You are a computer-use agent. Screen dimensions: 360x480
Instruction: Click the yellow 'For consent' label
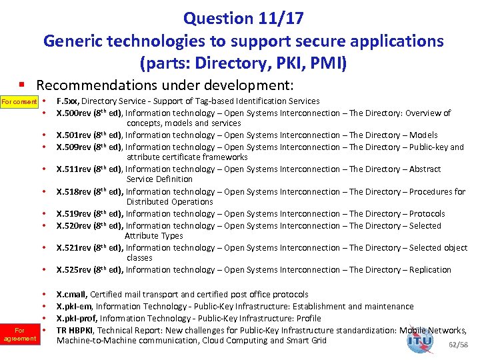click(x=18, y=101)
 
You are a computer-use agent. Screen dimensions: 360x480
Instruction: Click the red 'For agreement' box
click(x=19, y=334)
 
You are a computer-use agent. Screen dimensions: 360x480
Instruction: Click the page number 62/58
click(x=459, y=345)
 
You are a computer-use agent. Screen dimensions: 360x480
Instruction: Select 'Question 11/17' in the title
click(x=243, y=17)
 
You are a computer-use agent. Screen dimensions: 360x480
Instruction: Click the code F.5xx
click(x=68, y=101)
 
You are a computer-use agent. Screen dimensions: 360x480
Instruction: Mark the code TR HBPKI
click(x=74, y=330)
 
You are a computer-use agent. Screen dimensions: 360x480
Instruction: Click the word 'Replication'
click(x=430, y=270)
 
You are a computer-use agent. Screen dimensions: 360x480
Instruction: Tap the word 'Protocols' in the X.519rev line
click(x=427, y=214)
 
